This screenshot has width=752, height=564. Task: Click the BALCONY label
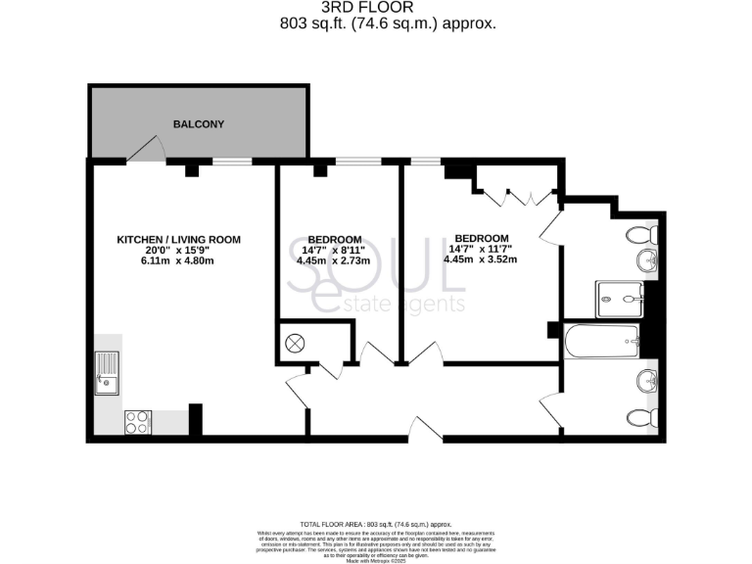pyautogui.click(x=199, y=124)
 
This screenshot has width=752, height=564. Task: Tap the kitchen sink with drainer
pyautogui.click(x=107, y=373)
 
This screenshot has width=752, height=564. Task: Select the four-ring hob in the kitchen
pyautogui.click(x=138, y=422)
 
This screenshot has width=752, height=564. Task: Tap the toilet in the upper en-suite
pyautogui.click(x=643, y=235)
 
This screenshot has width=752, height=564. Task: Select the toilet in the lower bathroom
pyautogui.click(x=643, y=415)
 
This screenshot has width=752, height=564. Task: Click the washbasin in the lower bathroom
pyautogui.click(x=645, y=381)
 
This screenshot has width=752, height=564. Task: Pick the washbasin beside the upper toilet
pyautogui.click(x=646, y=260)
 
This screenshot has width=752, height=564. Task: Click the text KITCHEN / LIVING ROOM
pyautogui.click(x=178, y=239)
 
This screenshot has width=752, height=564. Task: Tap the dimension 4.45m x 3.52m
pyautogui.click(x=480, y=259)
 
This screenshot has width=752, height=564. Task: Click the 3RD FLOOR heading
pyautogui.click(x=375, y=8)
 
